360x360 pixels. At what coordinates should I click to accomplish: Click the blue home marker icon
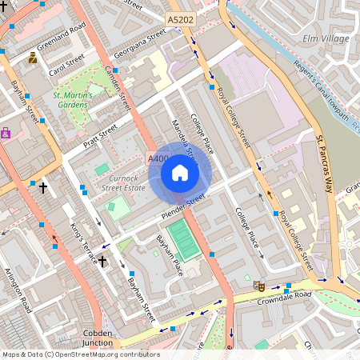(x=180, y=173)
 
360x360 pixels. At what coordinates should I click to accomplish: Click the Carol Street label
(x=66, y=66)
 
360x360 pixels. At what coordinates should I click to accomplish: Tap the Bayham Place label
(x=170, y=254)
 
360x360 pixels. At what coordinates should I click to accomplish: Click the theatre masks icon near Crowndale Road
(x=258, y=285)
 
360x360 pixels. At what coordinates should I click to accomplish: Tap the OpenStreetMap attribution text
(x=80, y=354)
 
